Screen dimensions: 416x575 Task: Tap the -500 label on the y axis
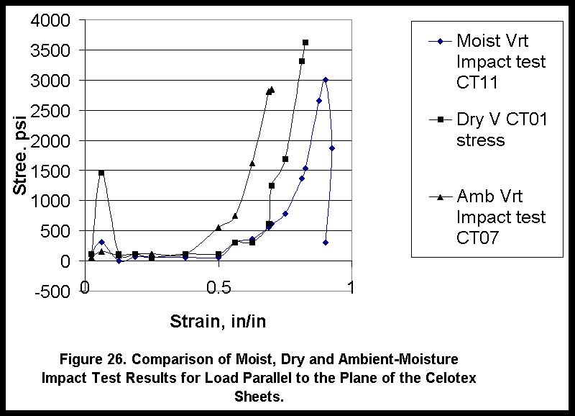[51, 291]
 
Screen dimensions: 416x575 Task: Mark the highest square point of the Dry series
[305, 43]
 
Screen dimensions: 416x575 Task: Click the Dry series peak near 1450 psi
[101, 173]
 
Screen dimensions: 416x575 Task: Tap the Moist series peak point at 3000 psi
[326, 80]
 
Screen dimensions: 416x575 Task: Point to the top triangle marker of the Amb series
[272, 90]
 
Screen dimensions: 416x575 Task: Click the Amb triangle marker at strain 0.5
[218, 227]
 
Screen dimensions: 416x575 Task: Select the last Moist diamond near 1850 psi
[332, 148]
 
